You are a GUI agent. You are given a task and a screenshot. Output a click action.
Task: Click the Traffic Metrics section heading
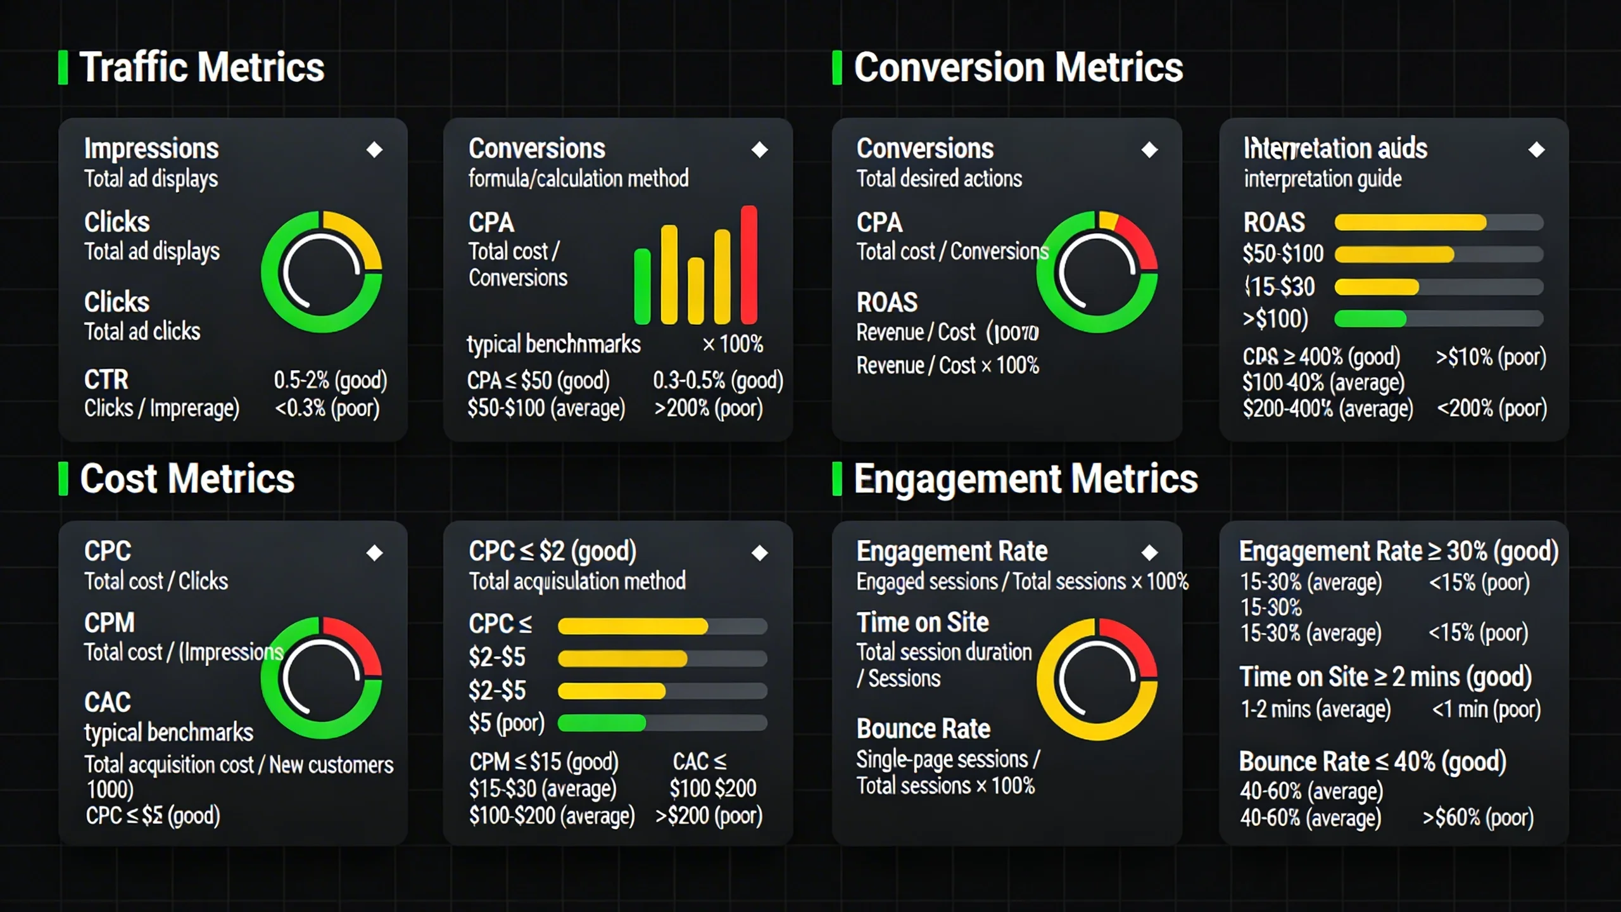pyautogui.click(x=201, y=68)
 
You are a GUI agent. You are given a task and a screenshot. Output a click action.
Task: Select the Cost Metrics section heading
pyautogui.click(x=187, y=479)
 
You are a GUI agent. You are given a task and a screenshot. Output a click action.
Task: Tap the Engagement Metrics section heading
pyautogui.click(x=1025, y=479)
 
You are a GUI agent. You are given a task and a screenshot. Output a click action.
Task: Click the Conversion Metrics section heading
pyautogui.click(x=1018, y=68)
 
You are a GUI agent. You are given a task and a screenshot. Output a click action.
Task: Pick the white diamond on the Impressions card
pyautogui.click(x=374, y=150)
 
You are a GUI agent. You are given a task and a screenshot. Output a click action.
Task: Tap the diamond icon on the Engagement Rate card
pyautogui.click(x=1149, y=553)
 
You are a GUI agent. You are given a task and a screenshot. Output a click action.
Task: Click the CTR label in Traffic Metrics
pyautogui.click(x=106, y=380)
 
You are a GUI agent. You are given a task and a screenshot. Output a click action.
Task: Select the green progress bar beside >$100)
pyautogui.click(x=1370, y=319)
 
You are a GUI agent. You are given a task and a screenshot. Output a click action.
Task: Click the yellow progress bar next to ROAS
pyautogui.click(x=1410, y=222)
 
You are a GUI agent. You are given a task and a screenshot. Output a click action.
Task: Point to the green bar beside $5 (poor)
pyautogui.click(x=602, y=723)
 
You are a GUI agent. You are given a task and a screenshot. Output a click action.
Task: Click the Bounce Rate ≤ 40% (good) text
pyautogui.click(x=1372, y=762)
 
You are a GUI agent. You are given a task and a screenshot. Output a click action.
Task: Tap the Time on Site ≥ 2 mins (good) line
pyautogui.click(x=1385, y=677)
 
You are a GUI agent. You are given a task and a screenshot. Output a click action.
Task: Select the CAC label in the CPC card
pyautogui.click(x=108, y=702)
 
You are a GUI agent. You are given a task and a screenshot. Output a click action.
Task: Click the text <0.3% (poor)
pyautogui.click(x=327, y=408)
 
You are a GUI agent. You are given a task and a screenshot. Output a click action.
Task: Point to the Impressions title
pyautogui.click(x=151, y=149)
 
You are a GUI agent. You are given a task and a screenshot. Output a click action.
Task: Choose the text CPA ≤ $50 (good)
pyautogui.click(x=538, y=381)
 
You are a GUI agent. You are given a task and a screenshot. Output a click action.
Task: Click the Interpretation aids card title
pyautogui.click(x=1335, y=149)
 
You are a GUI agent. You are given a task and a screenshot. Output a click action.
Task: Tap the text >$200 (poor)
pyautogui.click(x=709, y=816)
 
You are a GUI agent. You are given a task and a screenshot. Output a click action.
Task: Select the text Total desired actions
pyautogui.click(x=939, y=179)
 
